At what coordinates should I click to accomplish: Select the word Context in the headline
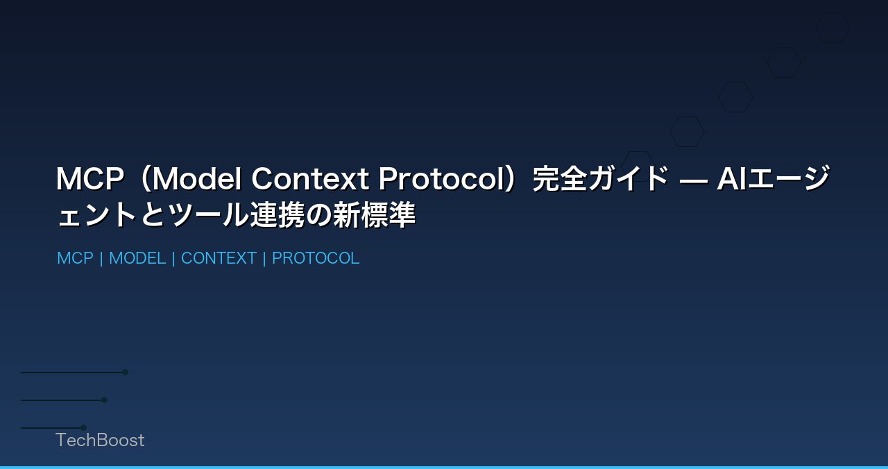click(309, 179)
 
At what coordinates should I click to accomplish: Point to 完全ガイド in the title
click(601, 179)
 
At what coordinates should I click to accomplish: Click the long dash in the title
click(693, 179)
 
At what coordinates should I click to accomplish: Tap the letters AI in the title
click(731, 179)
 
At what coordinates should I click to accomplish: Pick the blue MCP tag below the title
click(75, 258)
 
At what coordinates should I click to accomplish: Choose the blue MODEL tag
click(137, 258)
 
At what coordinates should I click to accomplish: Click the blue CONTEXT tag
click(219, 258)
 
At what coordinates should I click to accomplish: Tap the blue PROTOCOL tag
click(316, 258)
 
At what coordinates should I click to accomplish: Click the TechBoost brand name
click(100, 440)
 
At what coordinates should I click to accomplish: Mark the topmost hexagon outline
click(832, 28)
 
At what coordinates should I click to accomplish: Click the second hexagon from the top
click(784, 62)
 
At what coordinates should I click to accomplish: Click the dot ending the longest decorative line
click(126, 372)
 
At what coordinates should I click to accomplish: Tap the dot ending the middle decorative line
click(104, 400)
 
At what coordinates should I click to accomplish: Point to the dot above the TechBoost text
click(83, 427)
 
